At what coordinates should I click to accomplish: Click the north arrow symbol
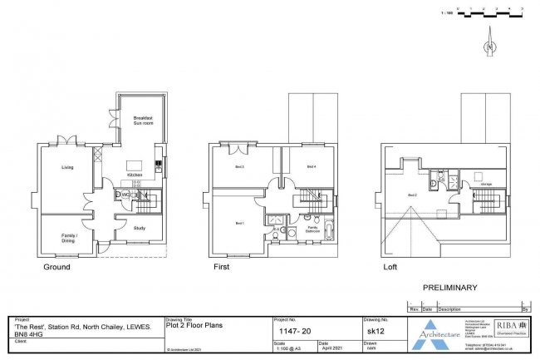point(491,37)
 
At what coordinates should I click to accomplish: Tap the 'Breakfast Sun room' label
point(143,122)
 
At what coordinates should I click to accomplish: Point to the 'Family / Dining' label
point(68,237)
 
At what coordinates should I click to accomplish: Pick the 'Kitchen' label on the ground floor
point(135,175)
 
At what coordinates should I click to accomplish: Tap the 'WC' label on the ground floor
point(118,195)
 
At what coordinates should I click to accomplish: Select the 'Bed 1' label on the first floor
point(239,223)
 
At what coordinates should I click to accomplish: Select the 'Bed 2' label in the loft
point(412,195)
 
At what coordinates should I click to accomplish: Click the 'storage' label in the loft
point(486,184)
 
